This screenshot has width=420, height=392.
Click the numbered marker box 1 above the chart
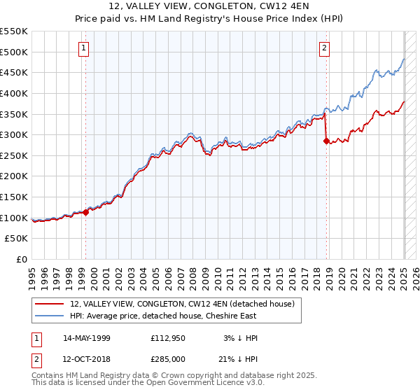[83, 48]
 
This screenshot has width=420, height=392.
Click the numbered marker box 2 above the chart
[325, 48]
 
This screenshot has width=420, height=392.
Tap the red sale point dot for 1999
[85, 212]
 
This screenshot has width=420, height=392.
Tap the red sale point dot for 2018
[326, 141]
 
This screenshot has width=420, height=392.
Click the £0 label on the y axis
[22, 260]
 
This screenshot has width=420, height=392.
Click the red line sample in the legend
[50, 304]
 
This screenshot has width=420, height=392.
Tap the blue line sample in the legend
[50, 316]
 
